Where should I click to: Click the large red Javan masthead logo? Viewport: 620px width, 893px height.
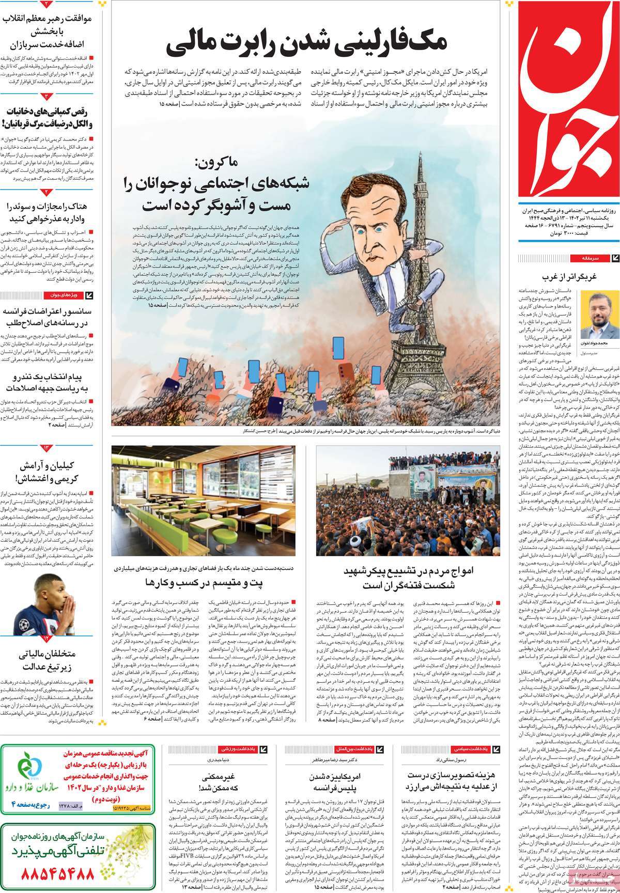point(568,103)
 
